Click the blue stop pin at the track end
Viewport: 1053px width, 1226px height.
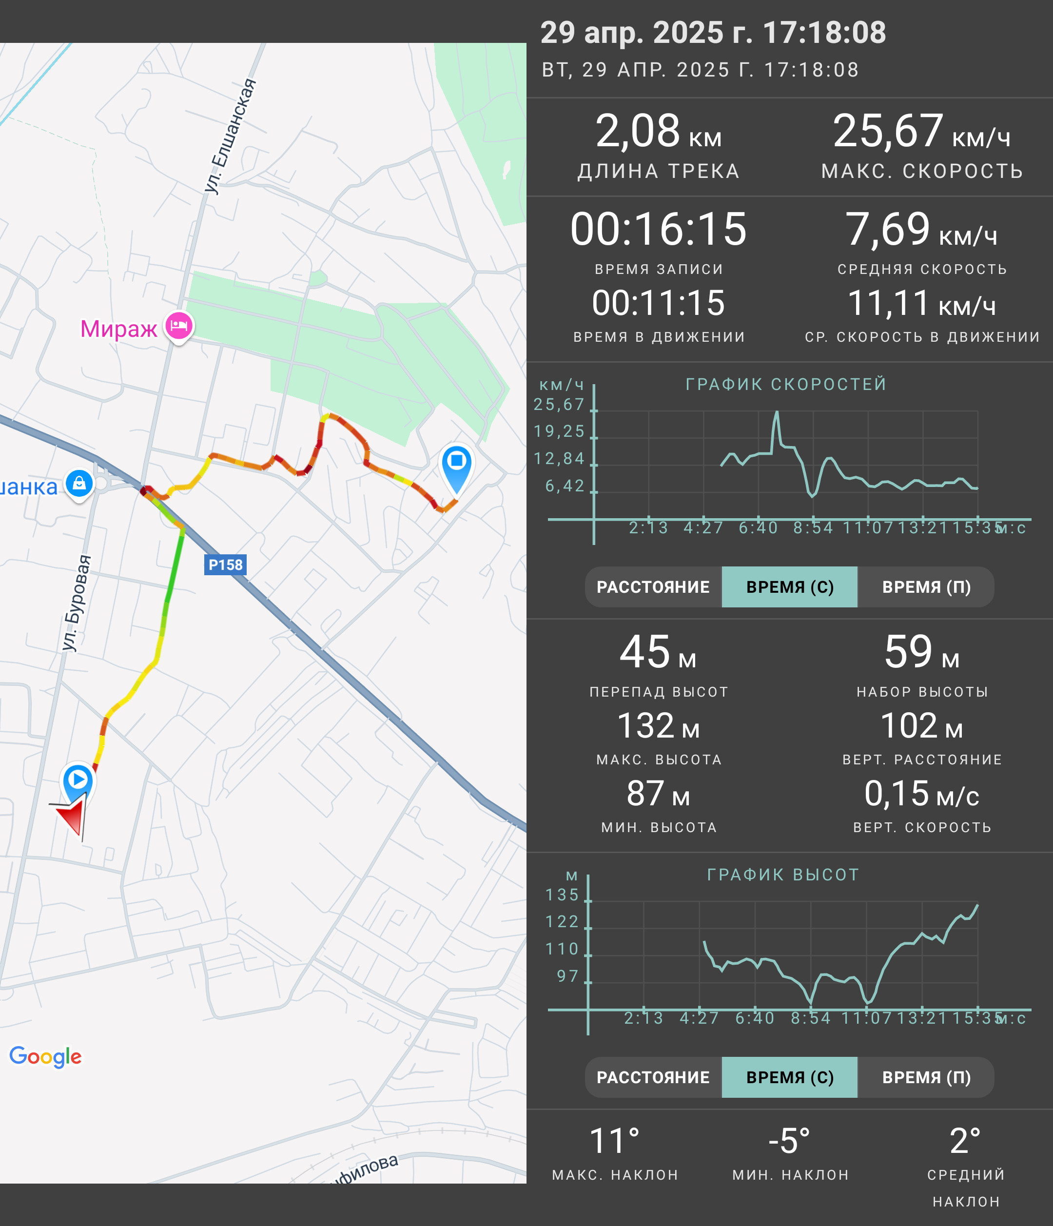tap(456, 468)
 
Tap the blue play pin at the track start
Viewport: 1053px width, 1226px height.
tap(78, 781)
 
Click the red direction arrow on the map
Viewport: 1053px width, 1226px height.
tap(72, 817)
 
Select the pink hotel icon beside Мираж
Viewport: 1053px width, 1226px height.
tap(178, 326)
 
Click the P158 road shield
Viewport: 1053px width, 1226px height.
tap(225, 564)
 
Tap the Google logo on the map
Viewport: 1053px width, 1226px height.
tap(45, 1056)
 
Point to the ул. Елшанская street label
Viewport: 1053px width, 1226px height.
tap(231, 136)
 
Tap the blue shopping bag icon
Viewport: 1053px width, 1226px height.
tap(79, 484)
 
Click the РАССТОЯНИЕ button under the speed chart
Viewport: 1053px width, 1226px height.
tap(653, 587)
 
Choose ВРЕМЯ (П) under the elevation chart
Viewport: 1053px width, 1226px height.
tap(926, 1077)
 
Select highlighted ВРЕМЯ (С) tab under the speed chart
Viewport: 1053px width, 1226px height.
tap(790, 587)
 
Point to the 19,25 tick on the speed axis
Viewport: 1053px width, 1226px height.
tap(559, 431)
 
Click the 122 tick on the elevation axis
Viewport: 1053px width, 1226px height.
tap(562, 922)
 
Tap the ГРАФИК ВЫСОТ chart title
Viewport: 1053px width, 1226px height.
tap(783, 875)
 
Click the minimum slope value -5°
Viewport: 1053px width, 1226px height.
tap(789, 1141)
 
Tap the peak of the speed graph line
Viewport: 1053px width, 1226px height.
tap(777, 412)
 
